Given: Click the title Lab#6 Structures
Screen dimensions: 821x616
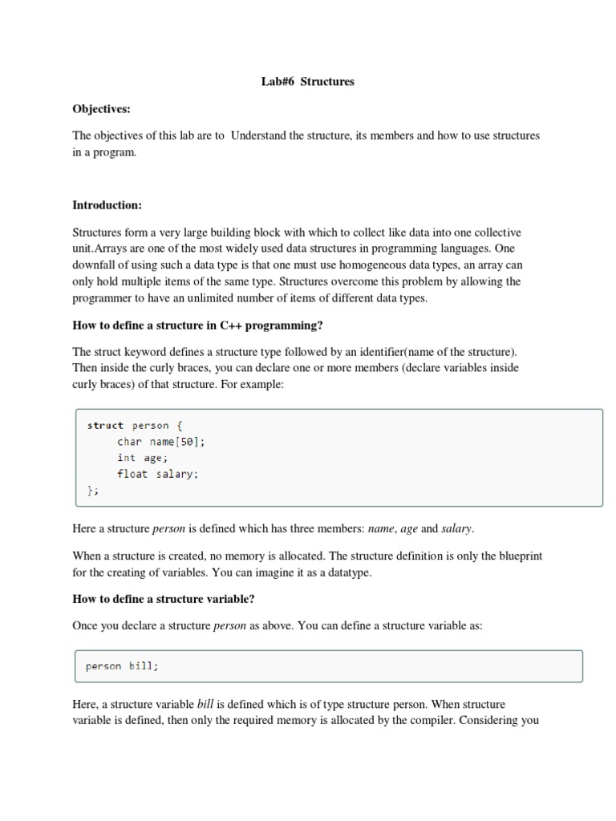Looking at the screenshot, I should click(307, 81).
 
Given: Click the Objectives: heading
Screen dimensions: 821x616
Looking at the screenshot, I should click(101, 108).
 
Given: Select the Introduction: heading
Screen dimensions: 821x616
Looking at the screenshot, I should click(107, 204).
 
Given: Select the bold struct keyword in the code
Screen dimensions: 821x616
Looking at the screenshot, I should click(105, 426).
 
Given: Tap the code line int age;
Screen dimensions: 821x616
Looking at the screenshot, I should click(140, 458).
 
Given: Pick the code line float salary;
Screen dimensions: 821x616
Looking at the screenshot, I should click(156, 474).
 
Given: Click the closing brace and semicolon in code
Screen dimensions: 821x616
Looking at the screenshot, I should click(92, 490).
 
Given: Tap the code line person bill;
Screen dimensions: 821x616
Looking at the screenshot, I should click(122, 666).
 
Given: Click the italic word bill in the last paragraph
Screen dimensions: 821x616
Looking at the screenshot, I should click(206, 705).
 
